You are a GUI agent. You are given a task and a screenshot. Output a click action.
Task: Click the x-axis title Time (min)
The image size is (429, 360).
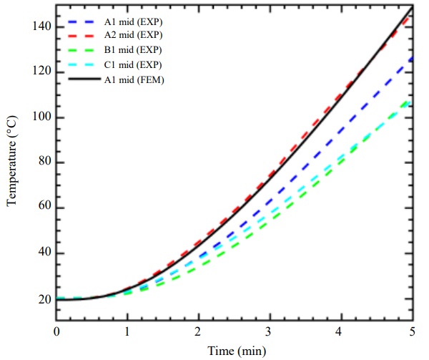coord(235,350)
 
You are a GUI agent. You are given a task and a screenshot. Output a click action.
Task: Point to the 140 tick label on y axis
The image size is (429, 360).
coord(41,27)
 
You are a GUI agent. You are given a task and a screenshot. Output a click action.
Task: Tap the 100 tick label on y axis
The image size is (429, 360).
coord(41,118)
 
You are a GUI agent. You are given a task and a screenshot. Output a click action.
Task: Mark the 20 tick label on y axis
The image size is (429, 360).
coord(44,299)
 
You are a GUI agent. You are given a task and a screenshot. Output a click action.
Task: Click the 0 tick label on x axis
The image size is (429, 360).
coord(56,331)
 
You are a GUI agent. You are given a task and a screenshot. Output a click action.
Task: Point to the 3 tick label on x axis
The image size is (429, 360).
coord(270,331)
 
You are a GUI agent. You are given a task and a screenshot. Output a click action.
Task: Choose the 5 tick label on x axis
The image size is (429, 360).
coord(413,331)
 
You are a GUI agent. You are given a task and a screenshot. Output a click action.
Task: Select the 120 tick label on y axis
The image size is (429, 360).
coord(41,72)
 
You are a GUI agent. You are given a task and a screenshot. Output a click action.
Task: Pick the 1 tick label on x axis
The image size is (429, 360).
coord(128,331)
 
